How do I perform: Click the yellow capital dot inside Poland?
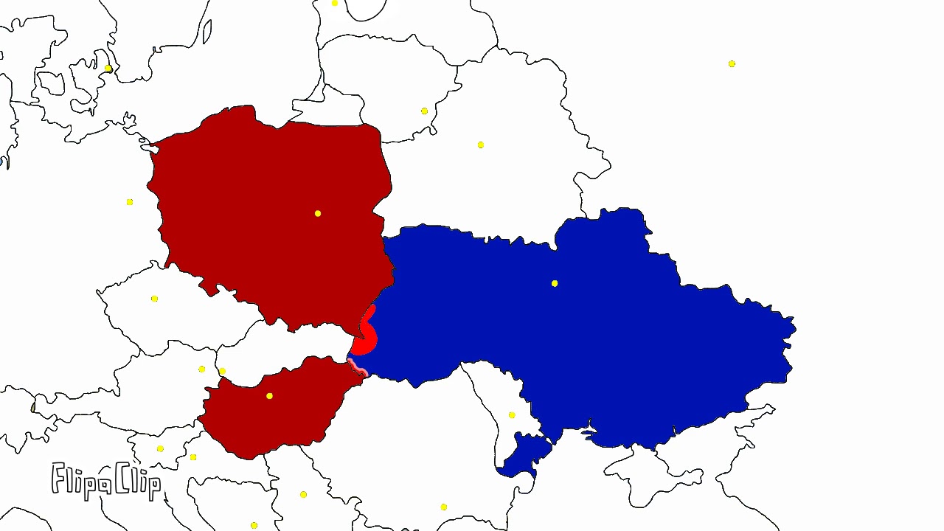click(318, 214)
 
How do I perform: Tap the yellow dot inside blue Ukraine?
click(555, 283)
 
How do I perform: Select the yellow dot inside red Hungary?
click(270, 396)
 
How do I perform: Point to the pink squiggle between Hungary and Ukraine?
click(358, 367)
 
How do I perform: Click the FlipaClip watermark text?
click(106, 480)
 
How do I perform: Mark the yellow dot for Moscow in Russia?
click(732, 64)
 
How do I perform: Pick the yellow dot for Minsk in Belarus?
click(481, 145)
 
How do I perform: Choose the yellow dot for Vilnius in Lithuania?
click(424, 111)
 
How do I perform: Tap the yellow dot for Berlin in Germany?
click(130, 202)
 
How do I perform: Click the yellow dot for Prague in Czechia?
click(154, 299)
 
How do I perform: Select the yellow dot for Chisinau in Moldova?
click(512, 415)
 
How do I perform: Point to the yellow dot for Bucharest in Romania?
click(443, 507)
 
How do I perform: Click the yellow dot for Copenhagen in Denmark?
click(108, 69)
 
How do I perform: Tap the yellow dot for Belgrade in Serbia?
click(303, 494)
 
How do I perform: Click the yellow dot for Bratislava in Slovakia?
click(222, 371)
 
